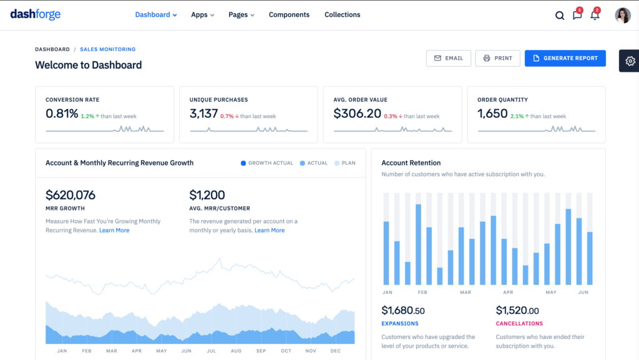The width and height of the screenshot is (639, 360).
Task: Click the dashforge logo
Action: (x=36, y=14)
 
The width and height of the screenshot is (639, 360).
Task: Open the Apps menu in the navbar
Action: (x=202, y=15)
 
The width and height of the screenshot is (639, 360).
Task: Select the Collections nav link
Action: (x=342, y=15)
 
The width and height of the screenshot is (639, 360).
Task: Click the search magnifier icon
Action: (x=560, y=16)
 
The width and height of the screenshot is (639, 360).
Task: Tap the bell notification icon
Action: (x=595, y=16)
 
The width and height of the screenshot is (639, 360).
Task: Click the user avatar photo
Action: (x=622, y=16)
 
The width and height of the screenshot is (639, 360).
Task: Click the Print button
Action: (x=497, y=58)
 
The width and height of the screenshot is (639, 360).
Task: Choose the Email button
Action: (x=448, y=58)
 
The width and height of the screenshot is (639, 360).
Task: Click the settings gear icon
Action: (x=630, y=61)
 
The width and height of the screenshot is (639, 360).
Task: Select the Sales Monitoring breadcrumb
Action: (x=107, y=49)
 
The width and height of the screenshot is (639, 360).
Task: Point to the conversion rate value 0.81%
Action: (x=62, y=114)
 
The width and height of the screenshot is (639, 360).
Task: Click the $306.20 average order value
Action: (x=357, y=114)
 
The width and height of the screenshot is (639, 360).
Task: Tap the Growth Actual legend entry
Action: (x=266, y=163)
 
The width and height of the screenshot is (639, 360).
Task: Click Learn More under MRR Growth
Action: (x=114, y=230)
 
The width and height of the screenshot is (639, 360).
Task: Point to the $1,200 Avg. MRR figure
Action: (x=207, y=195)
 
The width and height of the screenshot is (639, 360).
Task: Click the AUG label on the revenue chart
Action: (x=236, y=351)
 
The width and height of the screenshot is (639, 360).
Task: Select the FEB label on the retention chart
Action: (x=422, y=292)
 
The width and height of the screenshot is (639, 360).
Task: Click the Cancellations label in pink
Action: (x=519, y=324)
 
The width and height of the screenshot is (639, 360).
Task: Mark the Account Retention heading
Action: (x=411, y=163)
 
